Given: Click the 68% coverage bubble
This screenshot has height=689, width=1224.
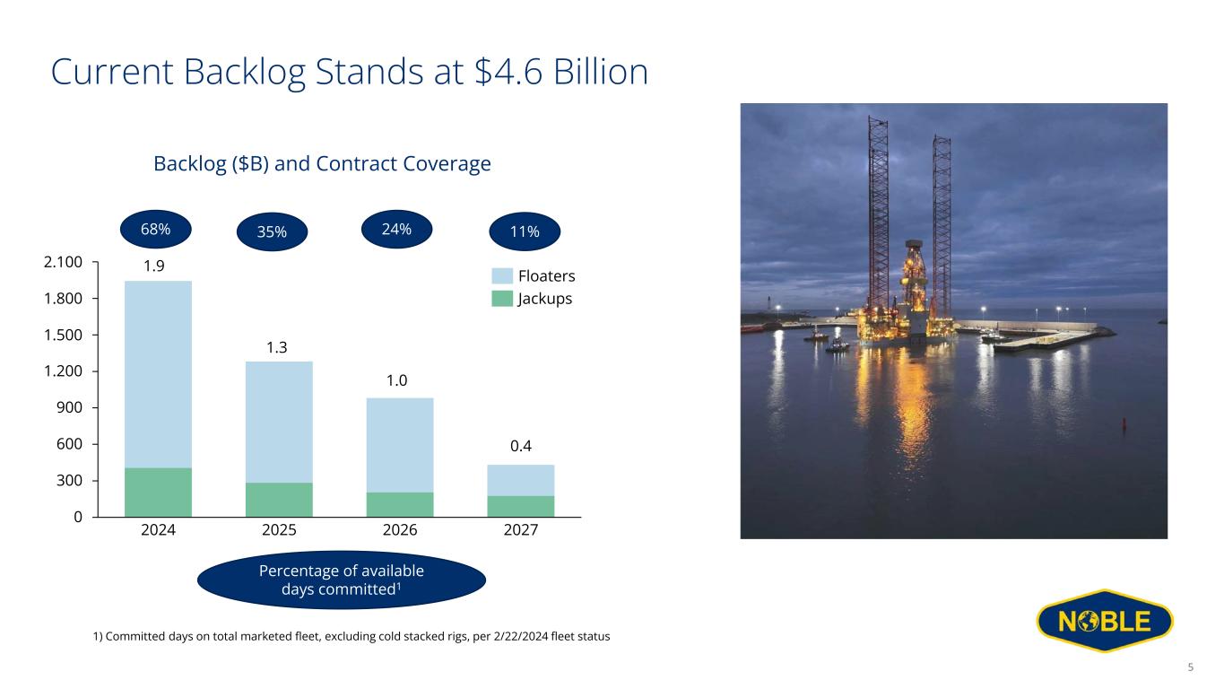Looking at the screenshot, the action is click(156, 229).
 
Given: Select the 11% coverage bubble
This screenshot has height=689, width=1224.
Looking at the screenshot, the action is click(525, 231).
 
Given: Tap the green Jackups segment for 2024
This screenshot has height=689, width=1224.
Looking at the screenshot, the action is click(158, 493).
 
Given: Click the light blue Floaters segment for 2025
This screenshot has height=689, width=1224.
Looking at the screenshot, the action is click(279, 423).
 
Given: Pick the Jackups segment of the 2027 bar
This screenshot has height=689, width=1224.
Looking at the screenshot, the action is click(521, 506).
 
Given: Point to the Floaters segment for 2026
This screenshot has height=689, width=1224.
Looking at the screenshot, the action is click(400, 445).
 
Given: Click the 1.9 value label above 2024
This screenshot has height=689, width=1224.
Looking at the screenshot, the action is click(154, 266).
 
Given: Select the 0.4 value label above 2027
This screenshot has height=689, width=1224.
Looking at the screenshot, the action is click(521, 446).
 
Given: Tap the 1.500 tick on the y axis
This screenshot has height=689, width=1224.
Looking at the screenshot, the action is click(63, 335).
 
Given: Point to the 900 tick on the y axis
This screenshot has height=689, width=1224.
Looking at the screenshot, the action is click(69, 407).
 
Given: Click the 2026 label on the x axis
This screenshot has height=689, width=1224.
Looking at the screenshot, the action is click(400, 530).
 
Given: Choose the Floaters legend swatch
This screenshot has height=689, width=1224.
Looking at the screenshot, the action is click(502, 275).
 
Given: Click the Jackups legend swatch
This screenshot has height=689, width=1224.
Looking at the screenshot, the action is click(502, 299).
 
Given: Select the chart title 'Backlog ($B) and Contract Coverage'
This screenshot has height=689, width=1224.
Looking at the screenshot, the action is click(323, 163).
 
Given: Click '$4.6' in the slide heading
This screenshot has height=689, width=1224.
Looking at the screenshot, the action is click(508, 72).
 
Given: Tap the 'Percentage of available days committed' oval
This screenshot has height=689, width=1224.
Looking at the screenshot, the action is click(342, 580).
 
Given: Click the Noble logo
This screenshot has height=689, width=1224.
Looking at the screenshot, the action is click(1105, 621).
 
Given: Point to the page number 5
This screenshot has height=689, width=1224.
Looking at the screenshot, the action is click(1191, 667).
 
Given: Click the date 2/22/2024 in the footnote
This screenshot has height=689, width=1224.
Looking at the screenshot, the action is click(521, 636).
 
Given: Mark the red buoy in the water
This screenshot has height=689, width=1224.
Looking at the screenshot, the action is click(1124, 423).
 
